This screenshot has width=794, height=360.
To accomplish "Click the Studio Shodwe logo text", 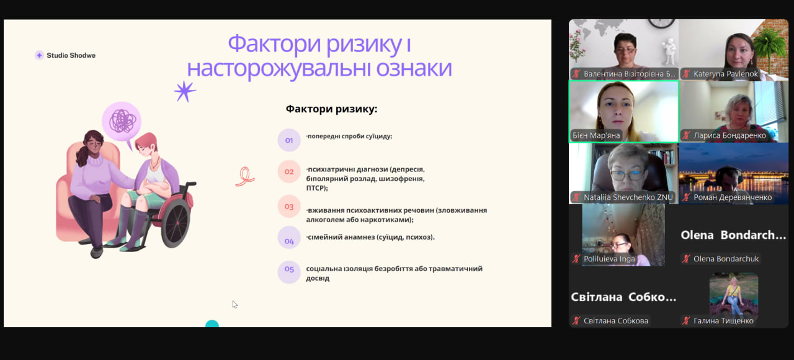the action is click(71, 55).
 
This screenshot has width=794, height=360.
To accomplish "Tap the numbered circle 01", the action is click(289, 140).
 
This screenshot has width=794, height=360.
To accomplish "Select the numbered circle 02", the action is click(289, 172).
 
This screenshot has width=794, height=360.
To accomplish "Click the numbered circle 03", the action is click(289, 207).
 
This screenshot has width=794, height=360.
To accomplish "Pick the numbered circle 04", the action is click(289, 238).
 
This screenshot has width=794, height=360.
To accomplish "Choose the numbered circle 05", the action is click(289, 272).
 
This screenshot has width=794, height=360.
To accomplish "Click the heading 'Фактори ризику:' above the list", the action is click(331, 109).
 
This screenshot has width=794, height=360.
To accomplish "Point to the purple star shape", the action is click(185, 91).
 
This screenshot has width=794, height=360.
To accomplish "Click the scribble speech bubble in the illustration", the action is click(122, 122).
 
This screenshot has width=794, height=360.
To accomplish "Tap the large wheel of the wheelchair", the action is click(176, 222).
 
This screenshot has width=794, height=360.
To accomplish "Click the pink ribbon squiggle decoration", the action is click(245, 177).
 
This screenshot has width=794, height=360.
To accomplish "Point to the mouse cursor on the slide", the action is click(234, 305).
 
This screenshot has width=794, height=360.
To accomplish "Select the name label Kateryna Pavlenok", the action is click(725, 74).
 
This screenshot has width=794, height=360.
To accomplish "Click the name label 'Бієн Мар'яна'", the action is click(596, 135).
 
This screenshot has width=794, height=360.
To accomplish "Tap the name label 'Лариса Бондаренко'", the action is click(729, 135).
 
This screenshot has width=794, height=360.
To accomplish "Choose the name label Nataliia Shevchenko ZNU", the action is click(628, 197).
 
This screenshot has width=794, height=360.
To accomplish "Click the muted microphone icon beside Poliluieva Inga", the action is click(576, 259).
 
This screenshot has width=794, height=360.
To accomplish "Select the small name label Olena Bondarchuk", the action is click(726, 259).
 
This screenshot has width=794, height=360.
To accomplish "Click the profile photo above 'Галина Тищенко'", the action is click(734, 294).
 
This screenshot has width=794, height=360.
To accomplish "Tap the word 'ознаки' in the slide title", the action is click(414, 68).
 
